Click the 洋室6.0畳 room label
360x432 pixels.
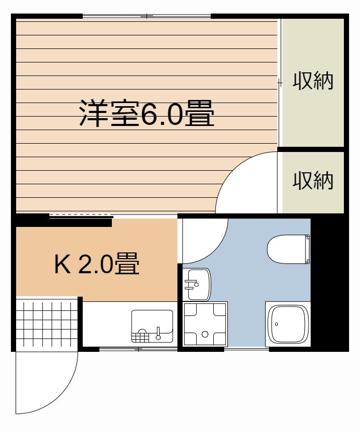click(x=147, y=113)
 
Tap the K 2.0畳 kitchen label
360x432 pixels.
click(x=97, y=263)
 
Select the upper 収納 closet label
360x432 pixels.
click(x=313, y=81)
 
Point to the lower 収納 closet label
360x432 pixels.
click(x=313, y=181)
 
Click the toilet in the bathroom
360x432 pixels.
click(x=288, y=249)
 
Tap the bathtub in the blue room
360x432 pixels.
click(x=288, y=324)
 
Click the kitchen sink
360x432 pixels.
click(x=152, y=326)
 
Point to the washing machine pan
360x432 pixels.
click(x=205, y=324)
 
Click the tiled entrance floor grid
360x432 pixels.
click(x=47, y=324)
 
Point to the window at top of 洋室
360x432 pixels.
click(x=147, y=16)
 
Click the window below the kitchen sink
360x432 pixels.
click(x=138, y=349)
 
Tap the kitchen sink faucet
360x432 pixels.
click(x=158, y=333)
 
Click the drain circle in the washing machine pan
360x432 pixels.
click(x=205, y=334)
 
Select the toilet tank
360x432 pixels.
click(x=307, y=249)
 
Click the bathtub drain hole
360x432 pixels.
click(x=276, y=324)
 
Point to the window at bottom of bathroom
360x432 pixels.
click(x=247, y=349)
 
